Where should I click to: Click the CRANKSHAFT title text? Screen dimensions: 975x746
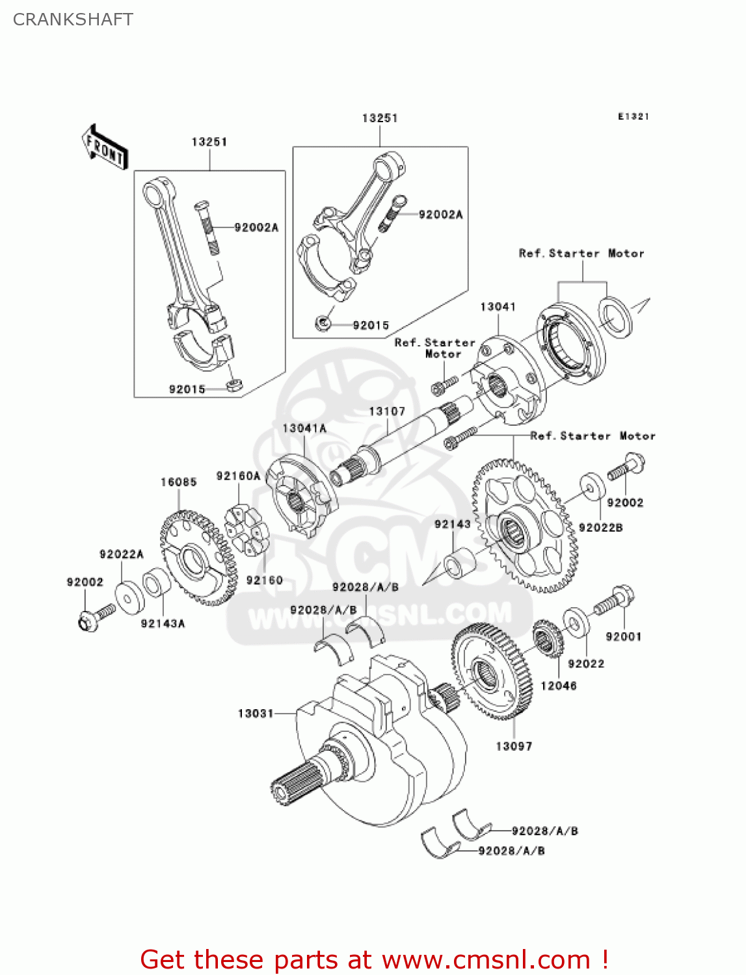coord(73,19)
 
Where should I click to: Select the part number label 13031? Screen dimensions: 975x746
coord(256,714)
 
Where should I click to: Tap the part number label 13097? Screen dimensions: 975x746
coord(514,746)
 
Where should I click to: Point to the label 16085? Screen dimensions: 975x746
coord(179,482)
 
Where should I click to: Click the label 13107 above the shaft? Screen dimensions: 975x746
coord(387,411)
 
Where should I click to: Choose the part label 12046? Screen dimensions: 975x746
coord(559,686)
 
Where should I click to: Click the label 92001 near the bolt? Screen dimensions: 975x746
coord(624,637)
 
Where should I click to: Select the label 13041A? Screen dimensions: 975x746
coord(304,428)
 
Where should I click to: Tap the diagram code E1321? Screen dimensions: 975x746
coord(633,116)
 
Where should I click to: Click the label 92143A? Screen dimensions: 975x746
coord(163,624)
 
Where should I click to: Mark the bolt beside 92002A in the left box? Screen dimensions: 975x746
coord(207,228)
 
